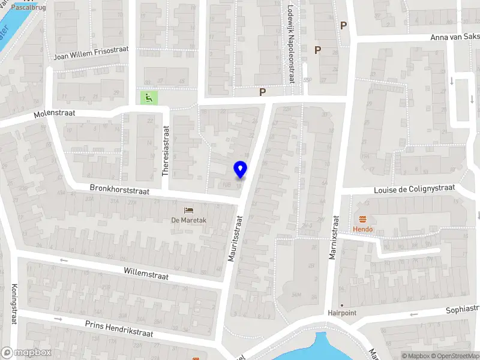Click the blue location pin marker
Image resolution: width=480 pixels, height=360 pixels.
[x=241, y=170]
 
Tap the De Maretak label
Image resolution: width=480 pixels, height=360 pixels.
[x=189, y=220]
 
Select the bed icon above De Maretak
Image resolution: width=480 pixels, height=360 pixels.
[x=189, y=209]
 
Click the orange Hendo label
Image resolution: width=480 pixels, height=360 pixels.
[x=362, y=229]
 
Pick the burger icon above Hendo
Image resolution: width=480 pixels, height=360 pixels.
[x=362, y=219]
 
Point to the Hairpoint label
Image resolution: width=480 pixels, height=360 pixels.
[x=342, y=313]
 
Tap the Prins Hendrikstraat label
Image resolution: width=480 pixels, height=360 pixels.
[x=119, y=329]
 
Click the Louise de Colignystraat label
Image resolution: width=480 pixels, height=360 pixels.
[x=414, y=189]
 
